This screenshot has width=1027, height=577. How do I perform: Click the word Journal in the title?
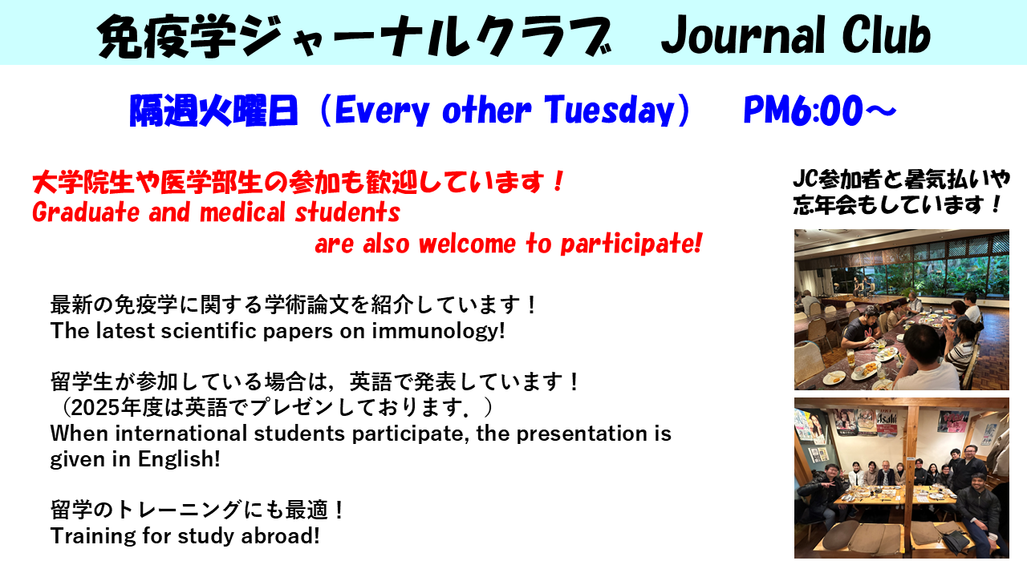(744, 35)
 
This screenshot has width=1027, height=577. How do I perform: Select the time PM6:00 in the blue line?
(803, 111)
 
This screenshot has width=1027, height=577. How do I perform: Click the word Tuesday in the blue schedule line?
(610, 111)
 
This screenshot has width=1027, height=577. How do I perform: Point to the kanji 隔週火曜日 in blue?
(214, 111)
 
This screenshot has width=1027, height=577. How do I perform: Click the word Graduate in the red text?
(86, 212)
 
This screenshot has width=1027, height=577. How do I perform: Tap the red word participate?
(631, 244)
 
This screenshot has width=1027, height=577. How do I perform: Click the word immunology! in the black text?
(438, 331)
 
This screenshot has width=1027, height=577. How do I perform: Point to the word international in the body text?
(181, 434)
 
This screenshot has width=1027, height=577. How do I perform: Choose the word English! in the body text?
(179, 459)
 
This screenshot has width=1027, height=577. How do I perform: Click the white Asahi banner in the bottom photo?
(887, 422)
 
